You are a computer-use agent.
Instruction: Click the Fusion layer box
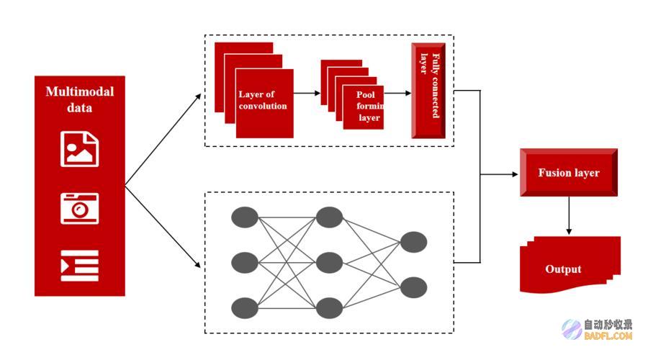[x=569, y=172]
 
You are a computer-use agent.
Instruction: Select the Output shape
[x=570, y=265]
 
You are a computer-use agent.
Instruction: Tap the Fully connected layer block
[x=428, y=91]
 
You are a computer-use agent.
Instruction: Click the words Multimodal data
[x=80, y=99]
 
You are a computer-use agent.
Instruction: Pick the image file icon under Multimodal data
[x=80, y=149]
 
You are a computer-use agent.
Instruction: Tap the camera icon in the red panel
[x=80, y=208]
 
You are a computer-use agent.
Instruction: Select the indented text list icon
[x=80, y=266]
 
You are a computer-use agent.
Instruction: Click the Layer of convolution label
[x=262, y=100]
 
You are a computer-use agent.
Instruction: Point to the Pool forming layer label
[x=369, y=107]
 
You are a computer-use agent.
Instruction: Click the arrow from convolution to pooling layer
[x=307, y=93]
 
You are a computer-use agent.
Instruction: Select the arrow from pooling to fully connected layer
[x=397, y=93]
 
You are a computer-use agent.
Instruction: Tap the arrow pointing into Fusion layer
[x=499, y=174]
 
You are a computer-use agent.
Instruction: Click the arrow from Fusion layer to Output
[x=569, y=215]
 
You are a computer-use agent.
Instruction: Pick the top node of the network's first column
[x=245, y=217]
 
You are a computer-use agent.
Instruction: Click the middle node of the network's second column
[x=329, y=263]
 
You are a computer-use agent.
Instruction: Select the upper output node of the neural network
[x=414, y=242]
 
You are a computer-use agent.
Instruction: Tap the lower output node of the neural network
[x=414, y=288]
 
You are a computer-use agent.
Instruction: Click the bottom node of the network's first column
[x=245, y=308]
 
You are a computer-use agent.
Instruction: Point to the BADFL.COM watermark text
[x=608, y=336]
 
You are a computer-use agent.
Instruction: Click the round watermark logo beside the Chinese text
[x=572, y=330]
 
